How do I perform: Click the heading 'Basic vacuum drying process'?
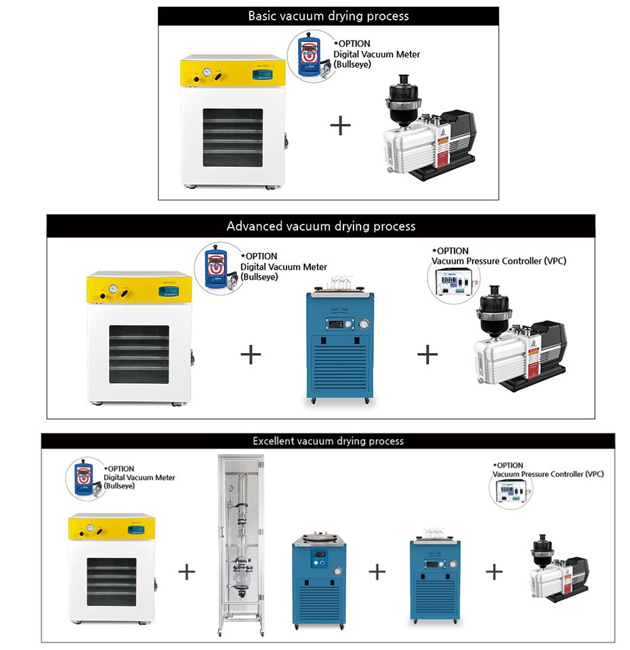click(x=329, y=16)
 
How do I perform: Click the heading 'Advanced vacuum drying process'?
click(x=321, y=226)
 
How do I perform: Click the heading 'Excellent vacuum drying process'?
click(x=328, y=441)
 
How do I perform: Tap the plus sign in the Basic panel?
click(x=340, y=125)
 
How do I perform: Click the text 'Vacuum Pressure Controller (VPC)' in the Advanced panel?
click(x=499, y=261)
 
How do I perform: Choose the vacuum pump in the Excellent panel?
click(x=557, y=568)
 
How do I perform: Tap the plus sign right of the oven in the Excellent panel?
click(x=186, y=572)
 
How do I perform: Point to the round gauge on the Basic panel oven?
click(x=207, y=73)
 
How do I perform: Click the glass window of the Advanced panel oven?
click(x=139, y=354)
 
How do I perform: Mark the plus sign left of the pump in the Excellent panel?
click(x=495, y=572)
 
